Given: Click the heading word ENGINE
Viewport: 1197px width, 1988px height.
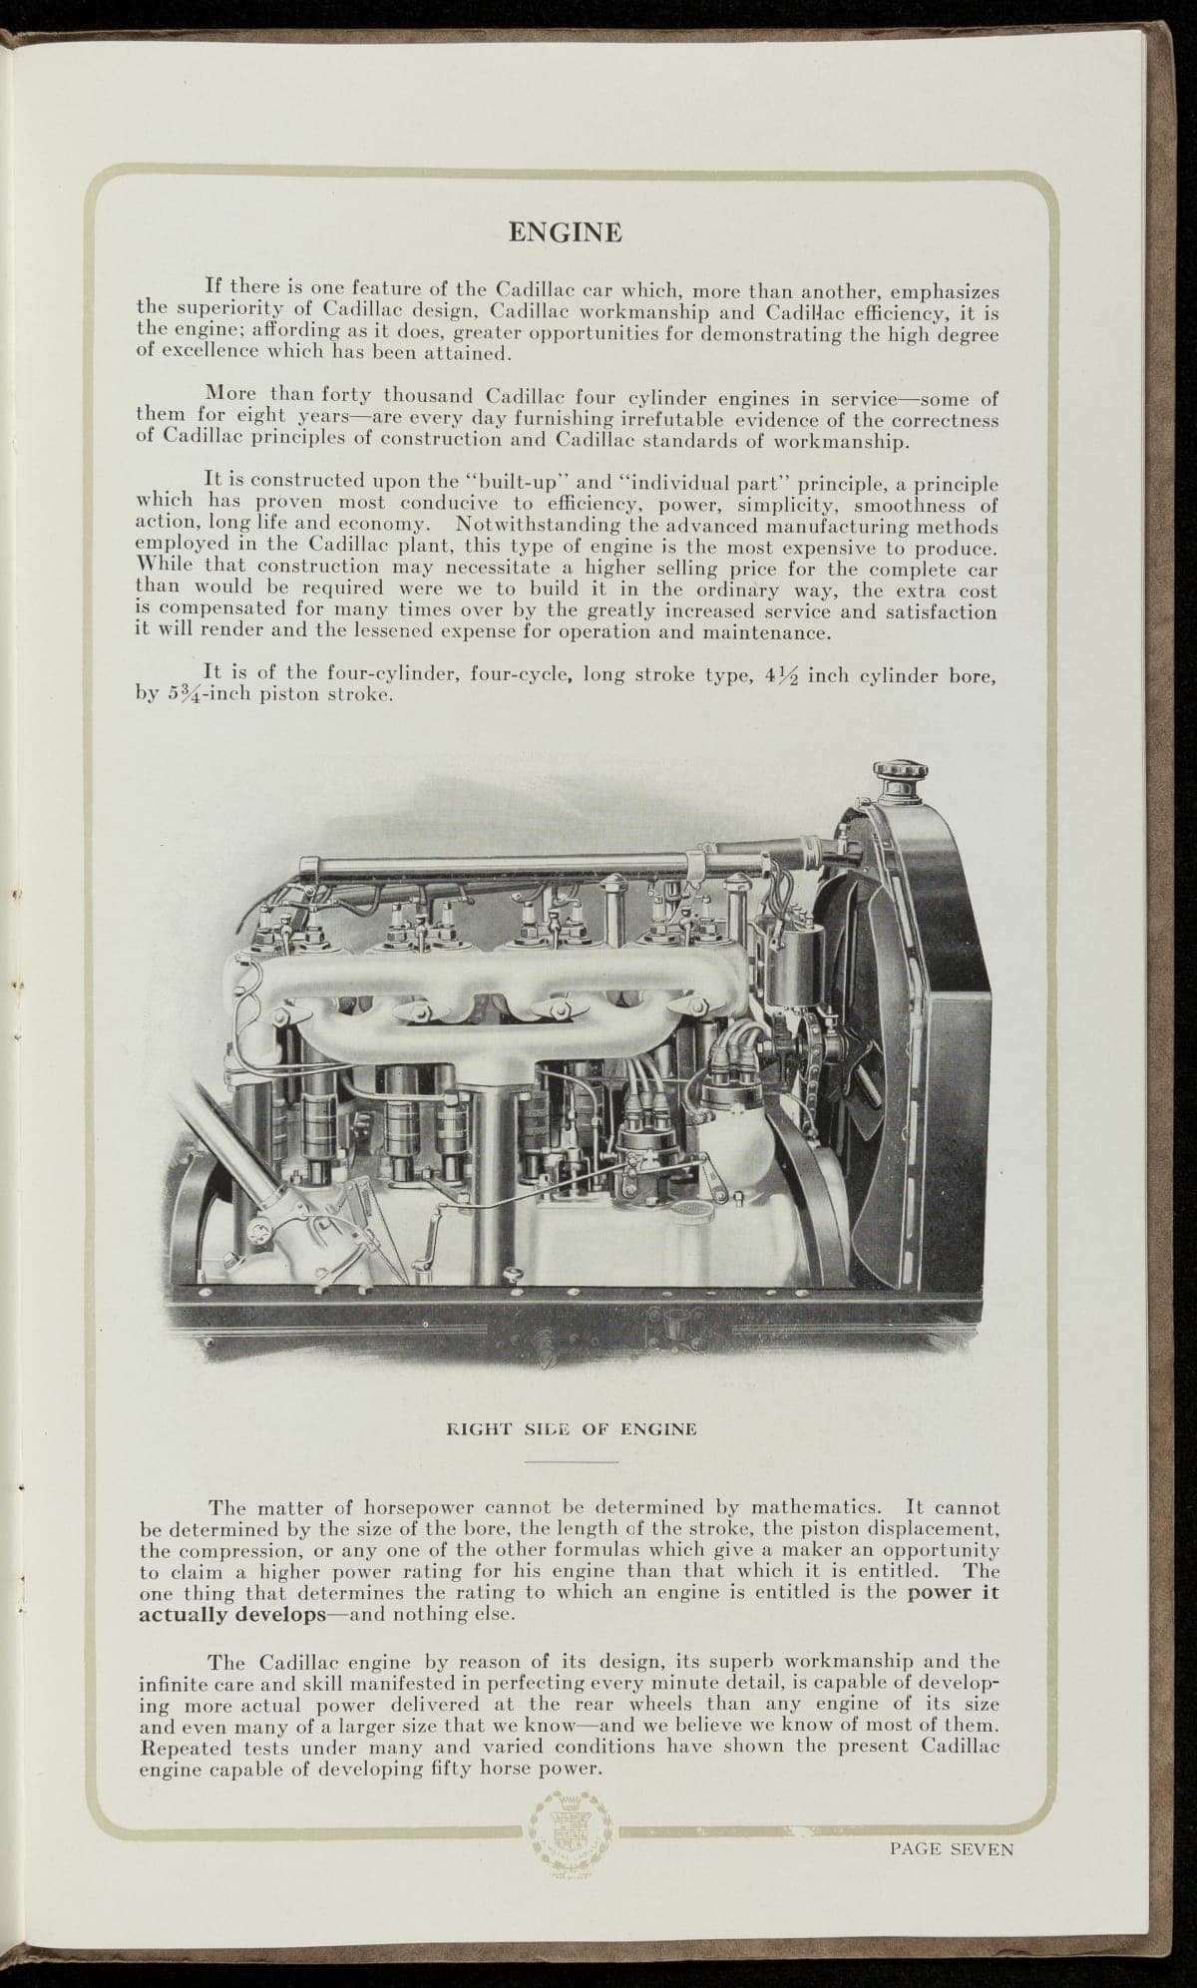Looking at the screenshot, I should tap(566, 232).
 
